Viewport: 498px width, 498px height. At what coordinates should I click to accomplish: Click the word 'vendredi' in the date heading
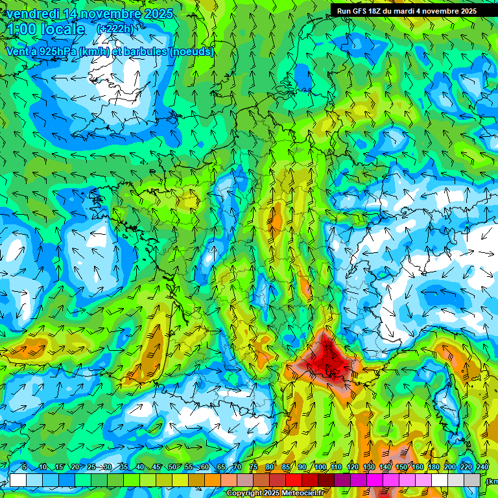pyautogui.click(x=32, y=14)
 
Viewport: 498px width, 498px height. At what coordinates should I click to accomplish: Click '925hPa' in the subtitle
pyautogui.click(x=53, y=51)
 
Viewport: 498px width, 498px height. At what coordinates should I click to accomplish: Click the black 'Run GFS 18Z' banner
pyautogui.click(x=406, y=11)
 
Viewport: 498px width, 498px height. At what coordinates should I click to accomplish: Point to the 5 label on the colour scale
pyautogui.click(x=25, y=468)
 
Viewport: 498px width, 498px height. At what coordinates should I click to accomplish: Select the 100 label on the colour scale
pyautogui.click(x=320, y=468)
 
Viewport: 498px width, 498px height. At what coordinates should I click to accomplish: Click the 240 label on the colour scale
pyautogui.click(x=482, y=468)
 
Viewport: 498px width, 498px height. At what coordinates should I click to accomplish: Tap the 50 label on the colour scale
pyautogui.click(x=172, y=468)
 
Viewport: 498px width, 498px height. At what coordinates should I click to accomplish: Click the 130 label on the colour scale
pyautogui.click(x=369, y=468)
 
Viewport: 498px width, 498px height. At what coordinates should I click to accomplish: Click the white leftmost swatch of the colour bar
pyautogui.click(x=18, y=480)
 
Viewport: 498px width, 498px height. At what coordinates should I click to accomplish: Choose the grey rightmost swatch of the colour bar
pyautogui.click(x=472, y=480)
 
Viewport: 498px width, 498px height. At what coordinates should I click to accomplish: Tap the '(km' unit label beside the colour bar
pyautogui.click(x=492, y=480)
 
